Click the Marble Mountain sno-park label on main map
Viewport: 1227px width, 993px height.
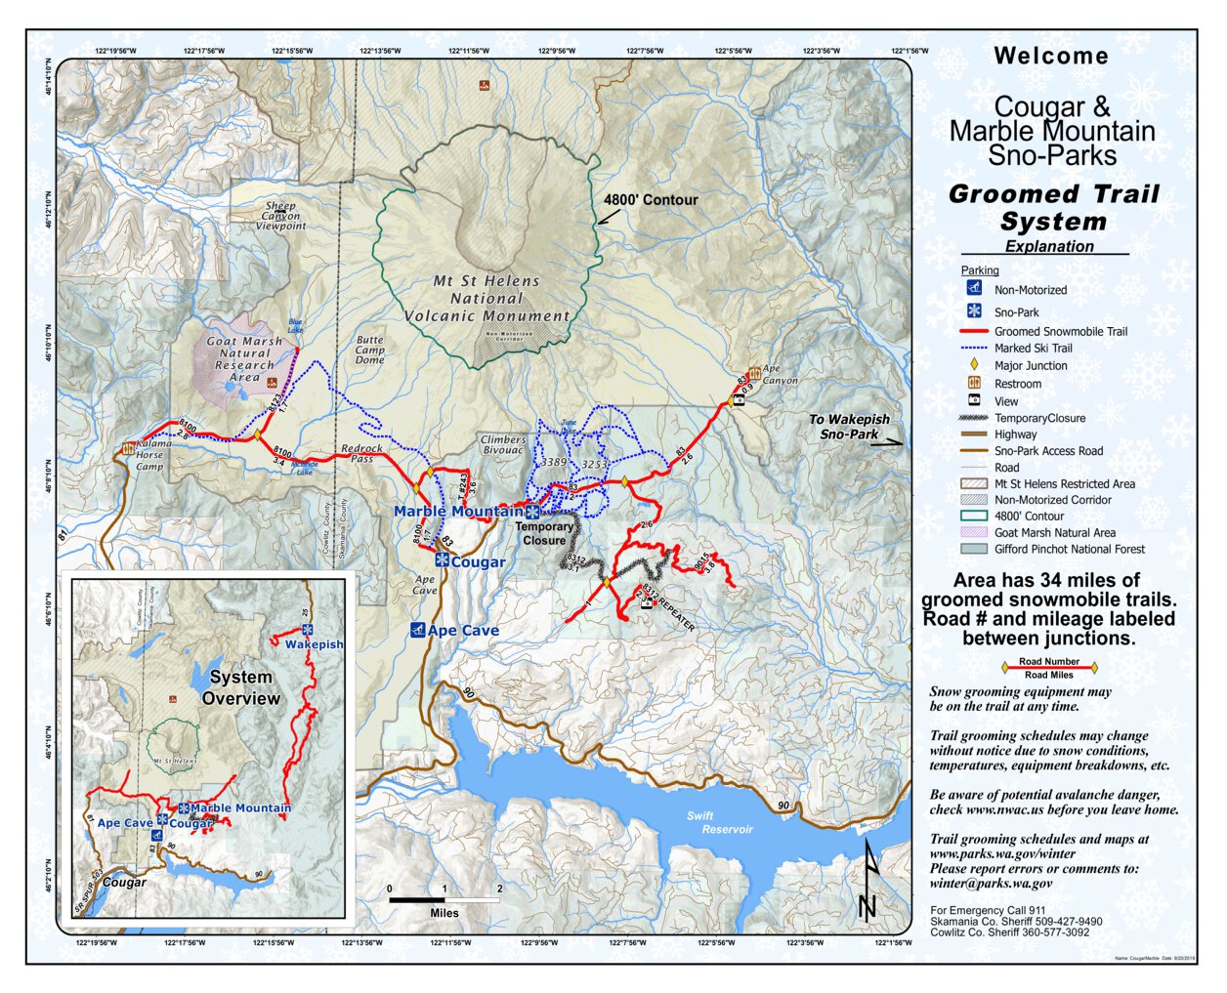pyautogui.click(x=457, y=512)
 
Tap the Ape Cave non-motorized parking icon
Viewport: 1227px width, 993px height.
pyautogui.click(x=417, y=630)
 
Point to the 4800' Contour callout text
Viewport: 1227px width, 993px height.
pyautogui.click(x=651, y=200)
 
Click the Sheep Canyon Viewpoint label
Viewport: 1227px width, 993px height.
pyautogui.click(x=280, y=216)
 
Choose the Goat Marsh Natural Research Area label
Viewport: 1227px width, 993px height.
pyautogui.click(x=244, y=359)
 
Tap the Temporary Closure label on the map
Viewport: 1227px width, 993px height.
pyautogui.click(x=544, y=533)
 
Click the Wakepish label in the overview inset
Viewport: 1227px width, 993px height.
pyautogui.click(x=314, y=644)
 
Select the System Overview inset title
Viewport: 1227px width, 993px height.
pyautogui.click(x=241, y=687)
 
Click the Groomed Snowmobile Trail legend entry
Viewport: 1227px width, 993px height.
pyautogui.click(x=1060, y=332)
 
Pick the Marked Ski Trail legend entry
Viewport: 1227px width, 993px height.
pyautogui.click(x=1033, y=349)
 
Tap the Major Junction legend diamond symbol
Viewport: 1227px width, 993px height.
pyautogui.click(x=973, y=365)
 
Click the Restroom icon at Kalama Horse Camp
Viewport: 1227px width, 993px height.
pyautogui.click(x=128, y=449)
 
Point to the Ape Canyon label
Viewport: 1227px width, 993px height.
pyautogui.click(x=780, y=375)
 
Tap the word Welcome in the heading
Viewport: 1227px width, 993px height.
pyautogui.click(x=1051, y=57)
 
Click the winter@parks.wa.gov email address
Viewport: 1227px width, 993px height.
pyautogui.click(x=991, y=884)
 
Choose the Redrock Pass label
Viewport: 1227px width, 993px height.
pyautogui.click(x=361, y=454)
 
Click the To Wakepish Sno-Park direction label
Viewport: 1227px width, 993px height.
pyautogui.click(x=849, y=427)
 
